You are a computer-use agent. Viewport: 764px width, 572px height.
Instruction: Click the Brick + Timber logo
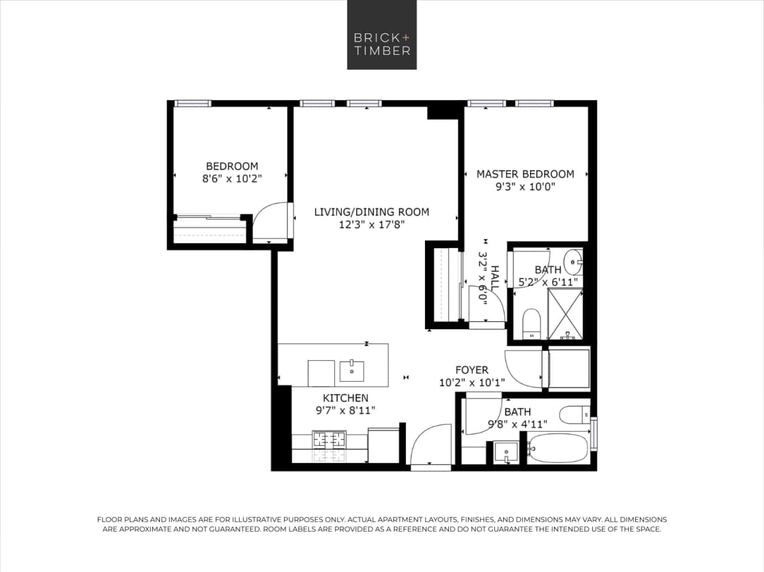point(382,35)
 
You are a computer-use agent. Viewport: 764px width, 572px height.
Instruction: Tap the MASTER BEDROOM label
point(525,174)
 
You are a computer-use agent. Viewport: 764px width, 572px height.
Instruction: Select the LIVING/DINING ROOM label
point(371,212)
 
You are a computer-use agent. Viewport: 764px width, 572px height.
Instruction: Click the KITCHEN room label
point(346,398)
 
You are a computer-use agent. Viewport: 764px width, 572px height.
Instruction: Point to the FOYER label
point(472,370)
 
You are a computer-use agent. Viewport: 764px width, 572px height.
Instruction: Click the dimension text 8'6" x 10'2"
point(232,178)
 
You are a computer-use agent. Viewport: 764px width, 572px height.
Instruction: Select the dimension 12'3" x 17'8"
point(371,225)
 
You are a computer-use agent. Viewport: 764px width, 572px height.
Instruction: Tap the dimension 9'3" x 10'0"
point(525,187)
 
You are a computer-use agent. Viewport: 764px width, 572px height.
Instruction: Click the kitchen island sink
point(352,370)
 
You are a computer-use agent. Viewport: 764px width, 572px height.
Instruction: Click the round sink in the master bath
point(575,261)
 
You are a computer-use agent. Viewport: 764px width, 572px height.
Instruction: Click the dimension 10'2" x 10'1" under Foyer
point(472,383)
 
